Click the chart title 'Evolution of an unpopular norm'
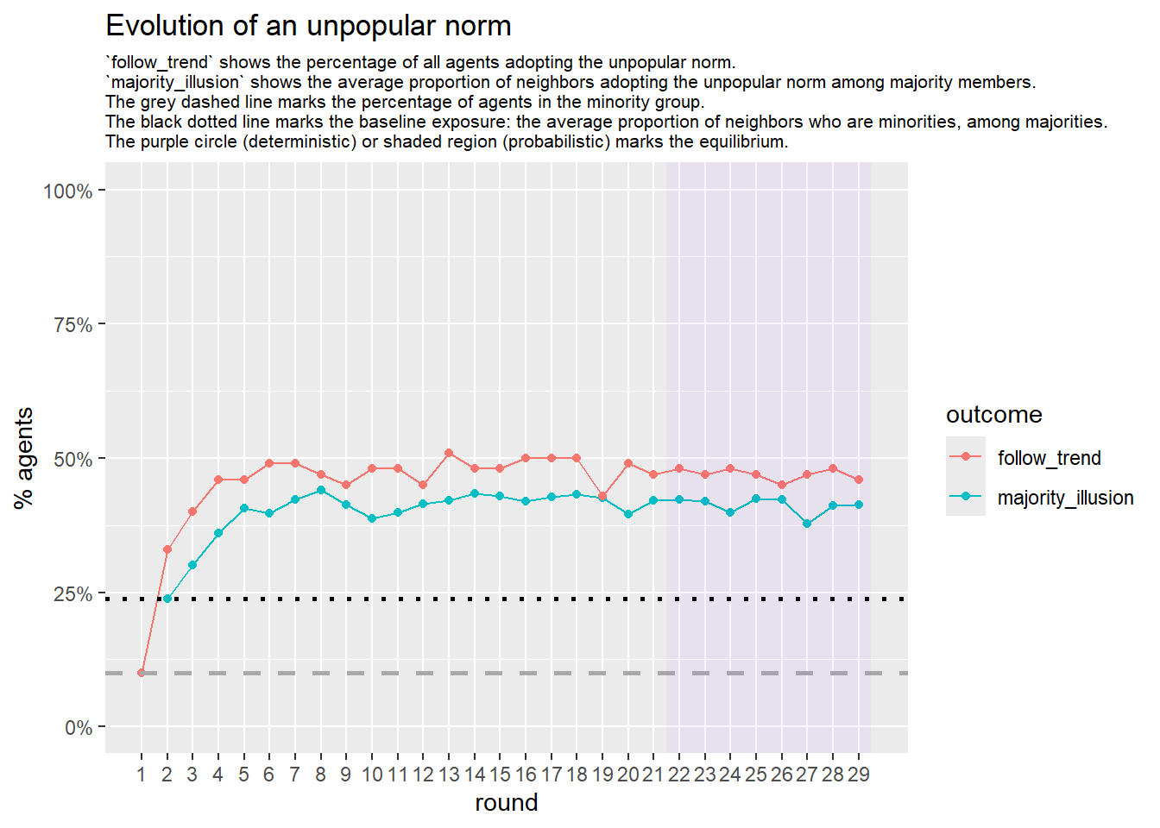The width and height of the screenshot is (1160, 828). pos(308,26)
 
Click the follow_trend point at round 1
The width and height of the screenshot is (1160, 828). pos(142,673)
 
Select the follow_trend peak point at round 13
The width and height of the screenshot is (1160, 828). pos(449,453)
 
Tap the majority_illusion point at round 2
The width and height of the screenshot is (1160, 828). pos(167,599)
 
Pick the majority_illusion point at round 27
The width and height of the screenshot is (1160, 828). pos(807,524)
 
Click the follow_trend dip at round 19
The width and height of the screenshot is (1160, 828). pos(602,496)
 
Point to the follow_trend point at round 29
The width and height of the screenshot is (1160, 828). pos(858,480)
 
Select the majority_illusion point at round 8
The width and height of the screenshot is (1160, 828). pos(321,490)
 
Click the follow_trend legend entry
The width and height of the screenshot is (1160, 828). pos(1049,458)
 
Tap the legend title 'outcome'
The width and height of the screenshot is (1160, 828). pos(993,415)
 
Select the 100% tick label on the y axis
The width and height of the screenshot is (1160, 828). pos(68,191)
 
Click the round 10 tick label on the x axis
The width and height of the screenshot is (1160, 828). pos(372,775)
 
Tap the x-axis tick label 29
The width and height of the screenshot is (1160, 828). pos(858,775)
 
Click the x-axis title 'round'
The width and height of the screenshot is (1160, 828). pos(506,803)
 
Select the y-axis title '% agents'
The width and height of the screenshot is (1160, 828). pos(23,458)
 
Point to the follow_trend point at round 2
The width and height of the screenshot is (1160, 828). pos(167,549)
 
